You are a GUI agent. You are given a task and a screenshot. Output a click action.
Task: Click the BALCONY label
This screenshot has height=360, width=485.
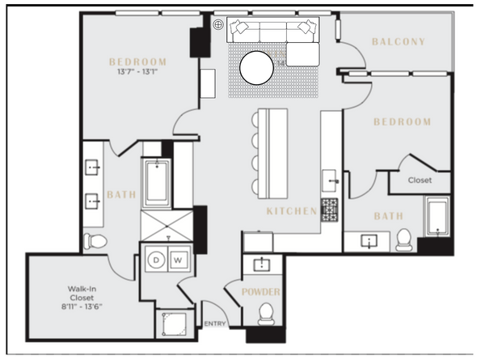(x=399, y=42)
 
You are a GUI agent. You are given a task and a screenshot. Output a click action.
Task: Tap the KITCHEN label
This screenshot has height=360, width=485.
(x=292, y=211)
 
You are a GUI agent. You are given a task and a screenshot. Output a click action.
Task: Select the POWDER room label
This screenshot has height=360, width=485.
(x=261, y=292)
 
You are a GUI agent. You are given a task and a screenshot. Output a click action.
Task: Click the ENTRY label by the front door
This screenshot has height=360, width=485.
(x=215, y=324)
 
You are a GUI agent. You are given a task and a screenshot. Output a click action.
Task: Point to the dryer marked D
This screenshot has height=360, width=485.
(x=156, y=260)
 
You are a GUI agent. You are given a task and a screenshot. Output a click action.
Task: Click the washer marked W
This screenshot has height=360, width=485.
(x=178, y=260)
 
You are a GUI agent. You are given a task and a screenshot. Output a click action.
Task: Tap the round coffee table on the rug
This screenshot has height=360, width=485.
(x=256, y=68)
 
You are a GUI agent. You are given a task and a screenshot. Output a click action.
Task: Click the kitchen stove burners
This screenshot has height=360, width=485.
(x=330, y=210)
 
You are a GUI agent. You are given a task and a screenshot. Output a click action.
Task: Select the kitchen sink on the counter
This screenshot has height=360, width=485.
(x=330, y=180)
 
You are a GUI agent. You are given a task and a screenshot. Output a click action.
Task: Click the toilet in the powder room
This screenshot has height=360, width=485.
(x=266, y=314)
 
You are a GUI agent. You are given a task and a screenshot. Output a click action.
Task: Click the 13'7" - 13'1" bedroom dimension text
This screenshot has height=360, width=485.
(x=137, y=72)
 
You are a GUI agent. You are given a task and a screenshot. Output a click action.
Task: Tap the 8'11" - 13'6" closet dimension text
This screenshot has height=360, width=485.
(x=82, y=307)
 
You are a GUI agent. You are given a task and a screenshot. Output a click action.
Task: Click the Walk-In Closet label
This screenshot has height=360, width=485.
(x=82, y=293)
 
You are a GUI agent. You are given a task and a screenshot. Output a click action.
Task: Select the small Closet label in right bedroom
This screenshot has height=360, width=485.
(x=420, y=180)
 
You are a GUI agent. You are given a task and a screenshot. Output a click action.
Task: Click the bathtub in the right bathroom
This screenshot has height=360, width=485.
(x=437, y=217)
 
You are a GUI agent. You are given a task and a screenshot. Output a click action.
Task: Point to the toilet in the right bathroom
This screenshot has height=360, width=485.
(x=404, y=240)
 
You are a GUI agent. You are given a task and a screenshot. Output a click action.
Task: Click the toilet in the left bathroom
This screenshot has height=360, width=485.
(x=95, y=241)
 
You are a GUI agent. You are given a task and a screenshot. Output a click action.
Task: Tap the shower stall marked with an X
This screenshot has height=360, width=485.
(x=167, y=226)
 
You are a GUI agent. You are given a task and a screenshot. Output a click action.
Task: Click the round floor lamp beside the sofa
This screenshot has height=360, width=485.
(x=218, y=25)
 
